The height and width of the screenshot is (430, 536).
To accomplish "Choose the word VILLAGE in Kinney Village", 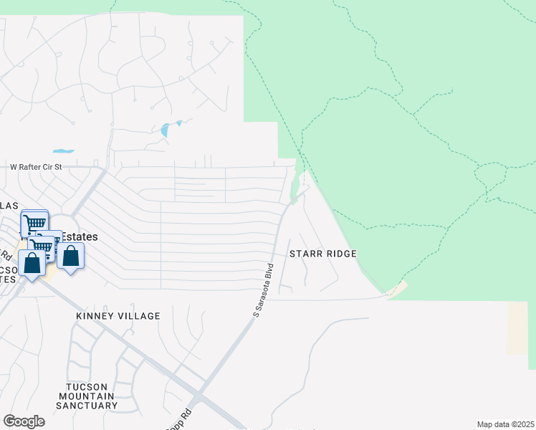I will point(140,316).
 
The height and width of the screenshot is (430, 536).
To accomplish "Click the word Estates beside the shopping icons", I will point(80,236).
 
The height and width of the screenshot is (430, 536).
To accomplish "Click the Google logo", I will point(24,421).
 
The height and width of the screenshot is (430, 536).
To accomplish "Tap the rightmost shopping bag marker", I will point(71,257).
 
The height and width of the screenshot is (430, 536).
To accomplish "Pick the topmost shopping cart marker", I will point(34,223).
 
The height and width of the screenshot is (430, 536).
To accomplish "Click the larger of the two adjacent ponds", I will point(166,130).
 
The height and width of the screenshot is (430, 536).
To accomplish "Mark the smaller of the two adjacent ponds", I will point(178,123).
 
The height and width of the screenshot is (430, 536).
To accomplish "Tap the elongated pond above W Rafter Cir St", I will point(63,151).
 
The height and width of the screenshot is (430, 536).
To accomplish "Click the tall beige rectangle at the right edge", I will point(517,328).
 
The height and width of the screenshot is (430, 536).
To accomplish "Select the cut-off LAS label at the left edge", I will point(9,206).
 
